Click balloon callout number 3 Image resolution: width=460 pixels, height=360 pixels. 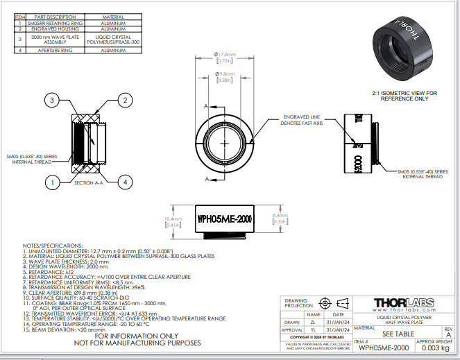51,101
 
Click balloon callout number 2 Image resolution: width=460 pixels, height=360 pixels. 125,101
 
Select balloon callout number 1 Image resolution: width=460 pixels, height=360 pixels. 51,182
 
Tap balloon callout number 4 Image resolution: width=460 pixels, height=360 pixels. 125,182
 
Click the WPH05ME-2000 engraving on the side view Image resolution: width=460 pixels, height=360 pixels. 225,218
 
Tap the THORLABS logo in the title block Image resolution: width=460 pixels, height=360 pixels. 404,302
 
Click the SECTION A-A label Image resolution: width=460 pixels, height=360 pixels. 89,182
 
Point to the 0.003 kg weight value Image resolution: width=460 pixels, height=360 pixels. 435,349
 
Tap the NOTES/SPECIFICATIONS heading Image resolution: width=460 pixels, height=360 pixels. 53,246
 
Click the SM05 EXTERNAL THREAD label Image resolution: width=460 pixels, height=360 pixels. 423,173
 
